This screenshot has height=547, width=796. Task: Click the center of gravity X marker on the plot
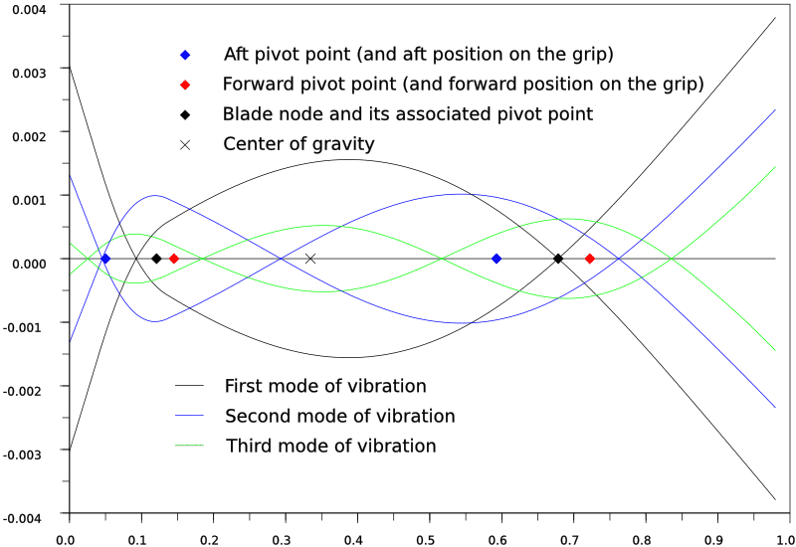[310, 259]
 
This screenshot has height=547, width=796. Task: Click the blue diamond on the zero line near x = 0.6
[497, 259]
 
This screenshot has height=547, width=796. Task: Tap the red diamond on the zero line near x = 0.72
[590, 259]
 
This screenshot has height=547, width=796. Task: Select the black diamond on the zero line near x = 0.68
[558, 259]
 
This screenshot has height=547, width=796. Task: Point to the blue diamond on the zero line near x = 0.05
[105, 259]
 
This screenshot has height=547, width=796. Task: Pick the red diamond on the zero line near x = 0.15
[173, 259]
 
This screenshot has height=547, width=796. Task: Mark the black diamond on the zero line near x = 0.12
[156, 259]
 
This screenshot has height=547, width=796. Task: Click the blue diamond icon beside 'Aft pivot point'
[185, 54]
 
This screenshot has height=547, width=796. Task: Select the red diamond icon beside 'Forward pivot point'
[185, 84]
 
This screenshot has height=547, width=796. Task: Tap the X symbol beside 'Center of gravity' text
[185, 145]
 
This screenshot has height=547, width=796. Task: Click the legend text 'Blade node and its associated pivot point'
[408, 114]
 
